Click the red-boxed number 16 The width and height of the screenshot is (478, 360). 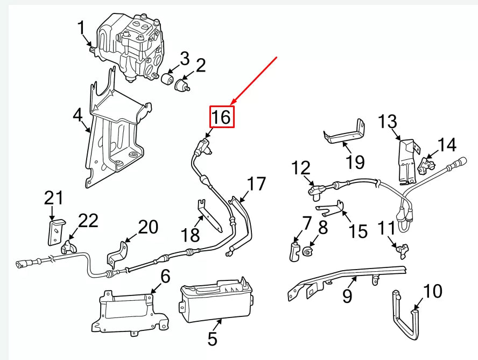pos(222,117)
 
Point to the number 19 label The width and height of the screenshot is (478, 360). pos(355,161)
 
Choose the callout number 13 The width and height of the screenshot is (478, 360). pos(387,122)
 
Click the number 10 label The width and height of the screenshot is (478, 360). pos(432,292)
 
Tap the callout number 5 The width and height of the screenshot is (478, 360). pos(212,339)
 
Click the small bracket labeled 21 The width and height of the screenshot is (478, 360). pos(57,230)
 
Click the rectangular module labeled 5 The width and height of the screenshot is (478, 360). pos(215,301)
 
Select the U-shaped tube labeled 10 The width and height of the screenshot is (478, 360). pos(404,317)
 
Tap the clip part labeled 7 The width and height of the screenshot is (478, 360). pos(294,251)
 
